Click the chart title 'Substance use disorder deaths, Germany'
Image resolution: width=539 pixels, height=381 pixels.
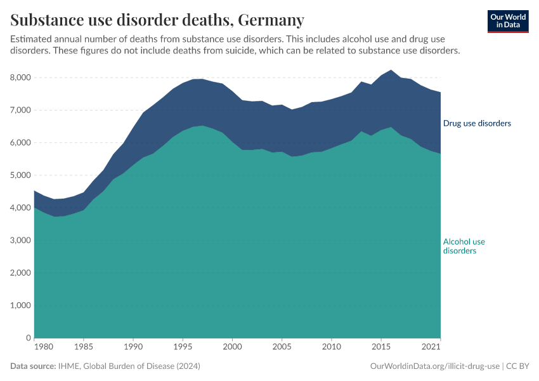(x=157, y=20)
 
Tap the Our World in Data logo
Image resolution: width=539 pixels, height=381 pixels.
(x=507, y=21)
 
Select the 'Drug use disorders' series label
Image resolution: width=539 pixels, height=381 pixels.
(x=477, y=123)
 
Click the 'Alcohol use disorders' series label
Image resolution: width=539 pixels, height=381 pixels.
(x=464, y=246)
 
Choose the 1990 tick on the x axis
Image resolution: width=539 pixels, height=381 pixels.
(x=133, y=347)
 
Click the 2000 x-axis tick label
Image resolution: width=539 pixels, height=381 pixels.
(x=233, y=347)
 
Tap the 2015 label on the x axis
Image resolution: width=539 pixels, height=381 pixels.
(x=380, y=347)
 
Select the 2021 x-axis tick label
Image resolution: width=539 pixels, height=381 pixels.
(x=431, y=347)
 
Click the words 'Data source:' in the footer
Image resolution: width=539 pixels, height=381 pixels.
(x=33, y=366)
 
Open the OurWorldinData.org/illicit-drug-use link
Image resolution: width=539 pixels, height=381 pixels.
(x=434, y=366)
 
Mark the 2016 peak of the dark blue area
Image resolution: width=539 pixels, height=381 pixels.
(x=391, y=70)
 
